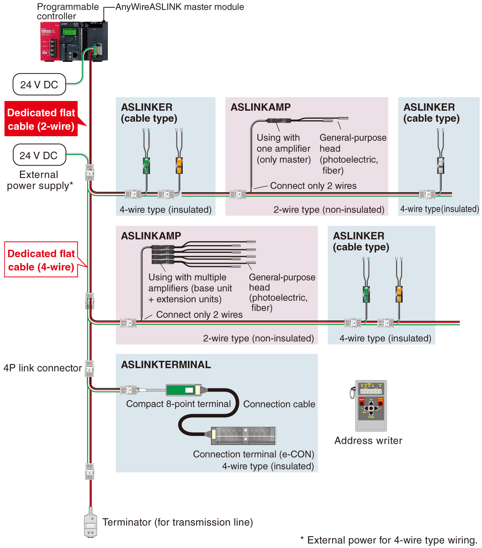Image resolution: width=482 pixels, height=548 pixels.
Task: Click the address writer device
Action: click(x=370, y=405)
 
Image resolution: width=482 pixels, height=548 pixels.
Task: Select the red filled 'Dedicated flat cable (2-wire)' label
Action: click(x=41, y=119)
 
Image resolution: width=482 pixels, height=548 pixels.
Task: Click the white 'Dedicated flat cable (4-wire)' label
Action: click(x=41, y=259)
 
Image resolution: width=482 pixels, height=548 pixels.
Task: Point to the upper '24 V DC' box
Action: click(x=39, y=85)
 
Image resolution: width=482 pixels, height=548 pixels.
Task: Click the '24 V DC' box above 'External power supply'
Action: click(x=39, y=155)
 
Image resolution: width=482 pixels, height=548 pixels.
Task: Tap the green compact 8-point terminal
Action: click(x=184, y=390)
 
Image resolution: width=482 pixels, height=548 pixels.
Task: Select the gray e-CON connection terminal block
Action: click(x=243, y=436)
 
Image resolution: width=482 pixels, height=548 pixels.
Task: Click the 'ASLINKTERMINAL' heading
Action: click(x=166, y=364)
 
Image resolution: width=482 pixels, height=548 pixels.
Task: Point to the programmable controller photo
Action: click(x=74, y=41)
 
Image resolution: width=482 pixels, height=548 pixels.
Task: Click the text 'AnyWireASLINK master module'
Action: click(x=180, y=7)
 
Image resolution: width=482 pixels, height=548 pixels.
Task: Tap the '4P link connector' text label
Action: click(x=42, y=368)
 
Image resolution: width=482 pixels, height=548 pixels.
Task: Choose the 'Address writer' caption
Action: click(x=368, y=440)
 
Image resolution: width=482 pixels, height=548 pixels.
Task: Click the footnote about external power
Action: click(x=388, y=540)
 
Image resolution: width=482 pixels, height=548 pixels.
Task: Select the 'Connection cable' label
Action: click(x=279, y=404)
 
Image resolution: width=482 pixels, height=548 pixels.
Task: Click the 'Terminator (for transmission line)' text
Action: click(x=178, y=522)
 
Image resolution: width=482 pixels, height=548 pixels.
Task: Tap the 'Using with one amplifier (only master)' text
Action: click(x=283, y=148)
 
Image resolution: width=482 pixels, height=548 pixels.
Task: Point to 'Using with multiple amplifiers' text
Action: click(x=190, y=288)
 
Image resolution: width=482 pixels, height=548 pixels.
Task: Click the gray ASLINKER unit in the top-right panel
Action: click(x=441, y=165)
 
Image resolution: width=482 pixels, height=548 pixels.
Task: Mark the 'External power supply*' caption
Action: click(x=40, y=180)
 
